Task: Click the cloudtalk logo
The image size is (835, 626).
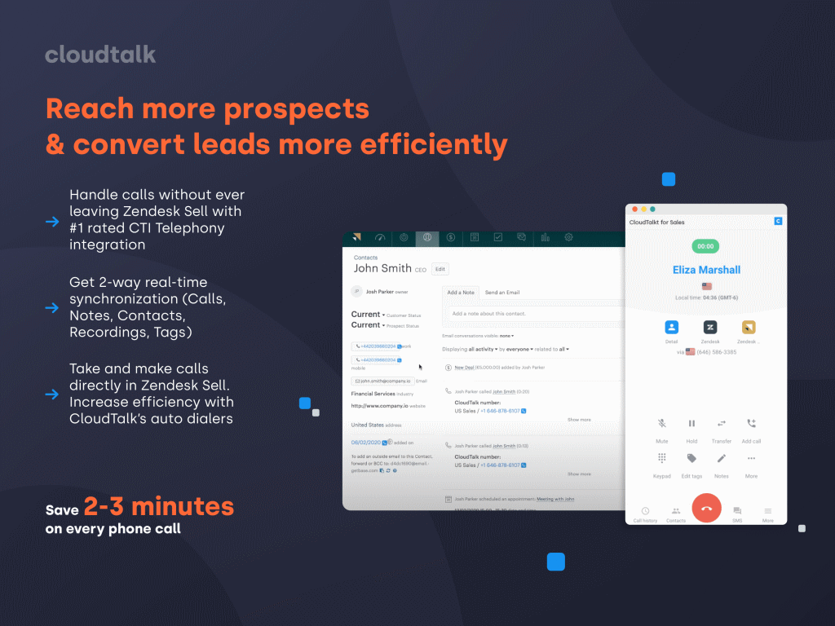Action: (x=100, y=55)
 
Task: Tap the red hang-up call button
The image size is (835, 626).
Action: (x=706, y=508)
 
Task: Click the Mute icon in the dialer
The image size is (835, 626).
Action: (x=662, y=424)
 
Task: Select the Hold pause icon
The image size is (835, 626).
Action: (x=691, y=424)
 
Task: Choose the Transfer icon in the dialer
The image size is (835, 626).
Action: (x=722, y=424)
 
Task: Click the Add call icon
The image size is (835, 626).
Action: (x=751, y=424)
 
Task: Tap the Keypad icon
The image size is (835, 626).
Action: (x=662, y=458)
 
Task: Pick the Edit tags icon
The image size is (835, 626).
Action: (x=691, y=458)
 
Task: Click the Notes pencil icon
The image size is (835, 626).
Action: (x=722, y=458)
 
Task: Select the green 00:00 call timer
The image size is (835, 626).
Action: (x=705, y=246)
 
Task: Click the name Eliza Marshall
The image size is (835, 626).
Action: (x=706, y=270)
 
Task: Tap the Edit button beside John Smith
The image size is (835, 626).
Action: (x=440, y=269)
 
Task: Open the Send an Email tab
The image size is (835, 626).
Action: (x=502, y=292)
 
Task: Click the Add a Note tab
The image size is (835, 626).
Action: (x=461, y=292)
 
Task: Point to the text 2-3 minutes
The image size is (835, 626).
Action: (x=158, y=507)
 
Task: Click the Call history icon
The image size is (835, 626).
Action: (x=645, y=511)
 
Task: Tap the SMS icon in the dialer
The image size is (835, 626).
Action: (x=737, y=511)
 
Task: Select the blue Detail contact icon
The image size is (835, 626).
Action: (x=671, y=327)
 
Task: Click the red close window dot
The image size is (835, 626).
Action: (x=632, y=209)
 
